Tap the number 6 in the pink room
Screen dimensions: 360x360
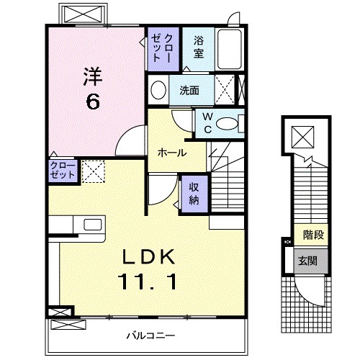pyautogui.click(x=92, y=102)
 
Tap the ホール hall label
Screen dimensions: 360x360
pyautogui.click(x=173, y=153)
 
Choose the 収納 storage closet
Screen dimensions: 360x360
pyautogui.click(x=194, y=192)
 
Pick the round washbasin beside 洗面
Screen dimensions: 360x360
pyautogui.click(x=158, y=91)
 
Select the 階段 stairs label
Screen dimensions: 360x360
pyautogui.click(x=312, y=234)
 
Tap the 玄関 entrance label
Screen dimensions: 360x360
pyautogui.click(x=308, y=261)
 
